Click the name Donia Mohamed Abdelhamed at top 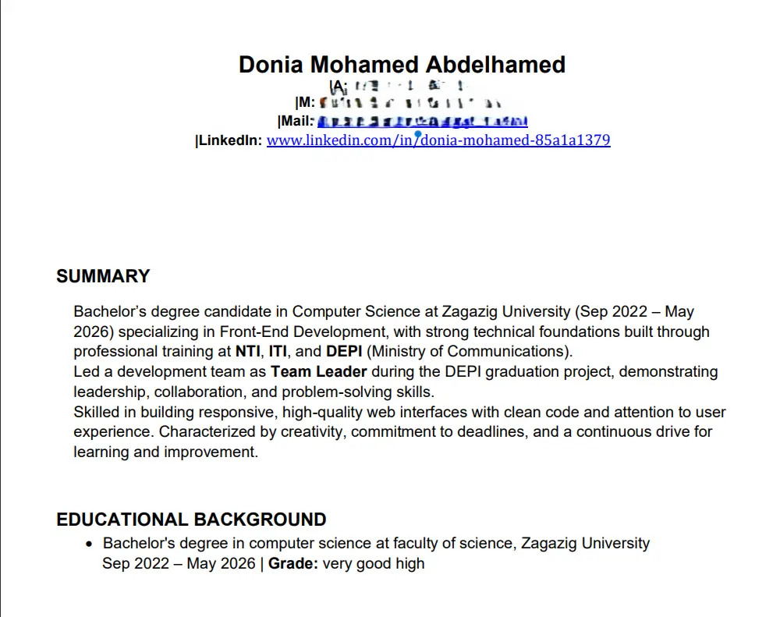[x=402, y=64]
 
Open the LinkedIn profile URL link [x=438, y=140]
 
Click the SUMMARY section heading [x=103, y=276]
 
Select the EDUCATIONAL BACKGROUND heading [x=191, y=519]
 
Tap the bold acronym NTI [x=247, y=351]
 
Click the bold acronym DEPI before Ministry [x=344, y=351]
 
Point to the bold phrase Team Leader [x=318, y=371]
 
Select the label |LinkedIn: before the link [x=229, y=140]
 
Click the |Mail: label [x=296, y=121]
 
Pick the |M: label [x=305, y=102]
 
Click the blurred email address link [x=422, y=122]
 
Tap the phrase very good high [x=374, y=563]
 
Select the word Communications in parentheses [x=516, y=351]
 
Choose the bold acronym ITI [x=278, y=351]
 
